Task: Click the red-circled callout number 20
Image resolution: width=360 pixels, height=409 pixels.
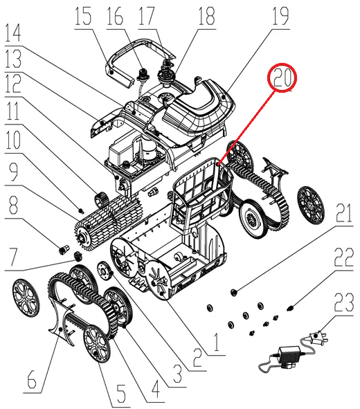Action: (x=282, y=78)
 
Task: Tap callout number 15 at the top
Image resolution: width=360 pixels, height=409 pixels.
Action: (x=84, y=16)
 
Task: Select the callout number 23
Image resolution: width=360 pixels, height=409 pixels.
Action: (x=344, y=302)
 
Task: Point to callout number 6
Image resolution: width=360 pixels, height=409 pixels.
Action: (x=32, y=381)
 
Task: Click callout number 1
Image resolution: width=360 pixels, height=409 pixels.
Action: (x=216, y=342)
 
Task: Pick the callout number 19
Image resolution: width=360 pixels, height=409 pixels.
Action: (x=280, y=16)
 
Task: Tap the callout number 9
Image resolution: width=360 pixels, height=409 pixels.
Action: (x=13, y=172)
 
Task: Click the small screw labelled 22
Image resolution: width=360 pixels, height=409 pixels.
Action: (x=289, y=309)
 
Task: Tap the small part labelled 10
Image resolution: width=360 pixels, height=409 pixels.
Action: (x=82, y=210)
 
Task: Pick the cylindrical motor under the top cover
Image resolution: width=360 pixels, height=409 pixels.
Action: (x=148, y=149)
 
